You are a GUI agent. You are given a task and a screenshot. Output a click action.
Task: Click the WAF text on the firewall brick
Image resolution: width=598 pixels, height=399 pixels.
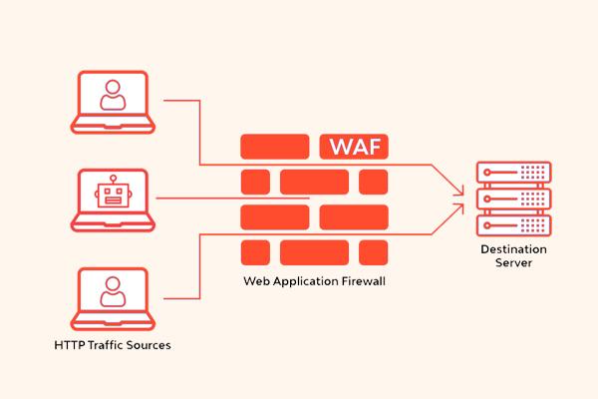pyautogui.click(x=355, y=147)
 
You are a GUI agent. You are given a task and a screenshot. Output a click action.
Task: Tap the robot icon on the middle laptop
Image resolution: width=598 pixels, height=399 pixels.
pyautogui.click(x=113, y=192)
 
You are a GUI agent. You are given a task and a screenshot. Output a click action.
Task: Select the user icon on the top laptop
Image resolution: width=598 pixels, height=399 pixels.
pyautogui.click(x=113, y=95)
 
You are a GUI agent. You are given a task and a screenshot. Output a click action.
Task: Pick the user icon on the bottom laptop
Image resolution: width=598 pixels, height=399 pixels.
pyautogui.click(x=113, y=292)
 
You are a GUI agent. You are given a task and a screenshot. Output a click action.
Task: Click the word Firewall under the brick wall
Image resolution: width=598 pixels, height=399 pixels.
pyautogui.click(x=363, y=281)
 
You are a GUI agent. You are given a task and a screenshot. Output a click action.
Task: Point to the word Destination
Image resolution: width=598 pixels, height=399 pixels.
pyautogui.click(x=513, y=249)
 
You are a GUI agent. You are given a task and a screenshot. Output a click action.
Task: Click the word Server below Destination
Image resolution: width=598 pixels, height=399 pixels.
pyautogui.click(x=513, y=262)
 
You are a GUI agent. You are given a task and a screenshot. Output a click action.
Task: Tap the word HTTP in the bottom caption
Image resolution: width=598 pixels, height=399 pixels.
pyautogui.click(x=69, y=345)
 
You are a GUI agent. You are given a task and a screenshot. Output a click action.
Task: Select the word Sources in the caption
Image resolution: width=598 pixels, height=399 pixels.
pyautogui.click(x=149, y=345)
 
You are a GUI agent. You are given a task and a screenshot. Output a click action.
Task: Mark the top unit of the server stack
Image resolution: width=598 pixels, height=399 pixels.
pyautogui.click(x=513, y=173)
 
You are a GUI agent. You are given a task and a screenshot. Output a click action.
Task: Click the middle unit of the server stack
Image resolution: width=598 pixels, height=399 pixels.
pyautogui.click(x=513, y=199)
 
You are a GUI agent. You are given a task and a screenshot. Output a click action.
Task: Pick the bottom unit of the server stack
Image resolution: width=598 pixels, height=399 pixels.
pyautogui.click(x=513, y=225)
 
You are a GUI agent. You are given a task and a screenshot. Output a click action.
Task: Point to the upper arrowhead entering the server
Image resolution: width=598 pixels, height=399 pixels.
pyautogui.click(x=458, y=191)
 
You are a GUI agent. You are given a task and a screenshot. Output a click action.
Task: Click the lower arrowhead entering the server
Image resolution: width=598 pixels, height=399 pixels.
pyautogui.click(x=458, y=208)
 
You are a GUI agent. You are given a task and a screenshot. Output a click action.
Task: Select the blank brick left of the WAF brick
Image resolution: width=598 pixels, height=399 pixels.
pyautogui.click(x=275, y=147)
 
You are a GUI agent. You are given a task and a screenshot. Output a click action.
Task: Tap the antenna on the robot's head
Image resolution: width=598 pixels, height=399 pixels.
pyautogui.click(x=113, y=180)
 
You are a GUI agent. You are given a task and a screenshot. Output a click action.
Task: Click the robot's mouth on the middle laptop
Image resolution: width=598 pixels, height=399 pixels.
pyautogui.click(x=113, y=200)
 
